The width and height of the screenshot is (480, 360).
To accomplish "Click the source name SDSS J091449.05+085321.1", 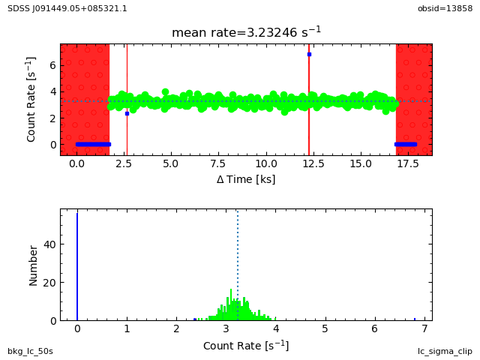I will (67, 8).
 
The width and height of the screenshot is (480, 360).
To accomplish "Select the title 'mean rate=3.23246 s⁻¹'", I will (246, 32).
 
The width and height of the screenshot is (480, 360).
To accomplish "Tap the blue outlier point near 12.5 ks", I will (309, 54).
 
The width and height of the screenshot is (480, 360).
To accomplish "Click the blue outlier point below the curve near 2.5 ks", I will (127, 113).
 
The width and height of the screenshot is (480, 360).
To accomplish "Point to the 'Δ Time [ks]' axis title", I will (246, 179).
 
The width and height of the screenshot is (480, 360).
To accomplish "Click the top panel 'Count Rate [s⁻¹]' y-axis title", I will (31, 99).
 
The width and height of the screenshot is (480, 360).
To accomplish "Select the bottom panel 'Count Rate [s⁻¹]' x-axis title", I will (246, 346).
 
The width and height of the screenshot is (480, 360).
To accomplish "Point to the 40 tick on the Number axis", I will (49, 244).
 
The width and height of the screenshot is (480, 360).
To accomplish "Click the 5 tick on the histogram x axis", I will (325, 328).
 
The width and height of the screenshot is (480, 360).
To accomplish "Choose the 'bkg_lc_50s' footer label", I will (30, 351).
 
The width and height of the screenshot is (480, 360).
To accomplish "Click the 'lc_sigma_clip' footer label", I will (445, 351).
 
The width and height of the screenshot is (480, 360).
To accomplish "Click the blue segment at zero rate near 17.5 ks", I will (405, 144).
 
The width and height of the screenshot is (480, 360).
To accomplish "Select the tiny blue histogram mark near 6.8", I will (415, 319).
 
